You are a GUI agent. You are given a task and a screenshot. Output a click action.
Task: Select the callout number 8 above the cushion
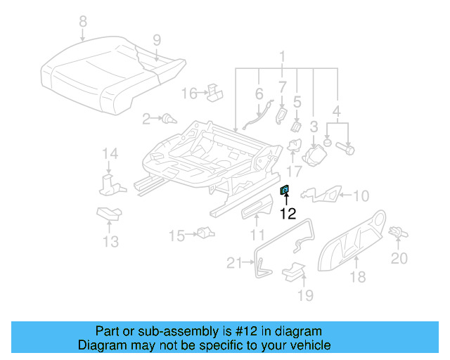84,21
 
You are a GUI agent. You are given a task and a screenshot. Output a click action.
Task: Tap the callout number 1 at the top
282,56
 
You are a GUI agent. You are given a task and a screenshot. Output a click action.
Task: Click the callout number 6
259,93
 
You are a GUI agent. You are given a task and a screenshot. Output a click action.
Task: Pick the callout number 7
282,88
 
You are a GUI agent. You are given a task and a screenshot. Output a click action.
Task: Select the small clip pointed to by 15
205,233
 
